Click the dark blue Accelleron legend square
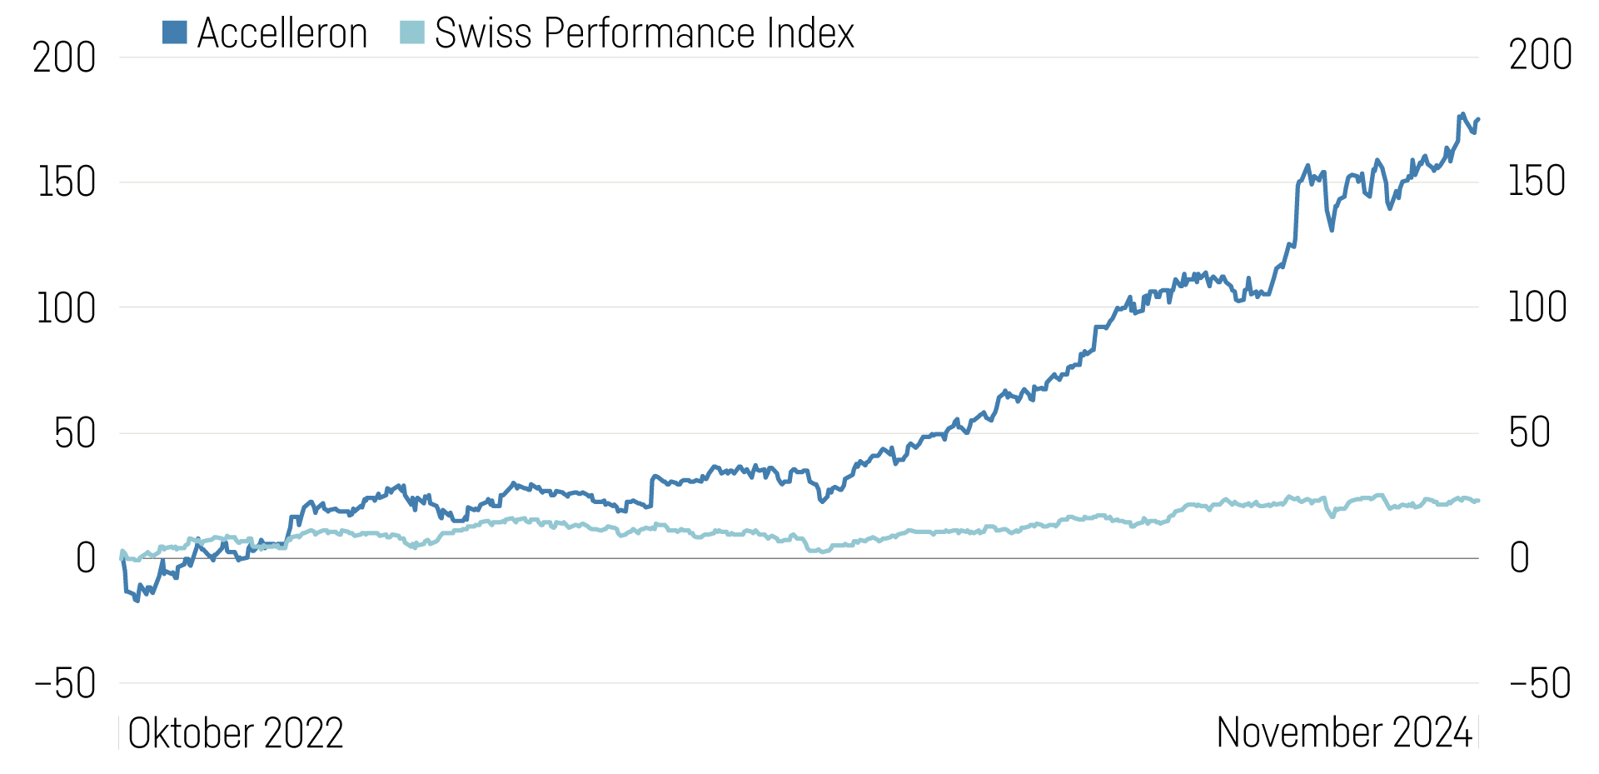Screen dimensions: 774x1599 174,32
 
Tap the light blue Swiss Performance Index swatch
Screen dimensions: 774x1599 411,32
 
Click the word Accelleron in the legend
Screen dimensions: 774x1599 282,34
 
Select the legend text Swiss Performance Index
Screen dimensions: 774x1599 645,34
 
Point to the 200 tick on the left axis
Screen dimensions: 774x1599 64,58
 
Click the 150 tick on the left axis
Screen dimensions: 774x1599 67,182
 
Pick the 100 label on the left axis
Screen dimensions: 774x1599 66,308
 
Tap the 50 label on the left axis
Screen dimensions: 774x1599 75,433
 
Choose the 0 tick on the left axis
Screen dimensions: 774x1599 86,558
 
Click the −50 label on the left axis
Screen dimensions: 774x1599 65,684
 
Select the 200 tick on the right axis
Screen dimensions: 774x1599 1540,56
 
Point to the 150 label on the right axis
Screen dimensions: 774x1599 1537,182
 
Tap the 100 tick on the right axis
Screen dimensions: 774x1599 1537,307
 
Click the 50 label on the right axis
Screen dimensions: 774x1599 1529,432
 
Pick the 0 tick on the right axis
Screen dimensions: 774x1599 1519,557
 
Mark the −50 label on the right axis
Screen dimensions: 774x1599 1539,683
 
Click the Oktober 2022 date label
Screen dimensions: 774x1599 236,733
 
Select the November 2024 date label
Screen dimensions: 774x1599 1344,733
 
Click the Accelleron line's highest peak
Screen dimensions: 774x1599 1462,114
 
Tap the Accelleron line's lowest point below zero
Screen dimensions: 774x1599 137,601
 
